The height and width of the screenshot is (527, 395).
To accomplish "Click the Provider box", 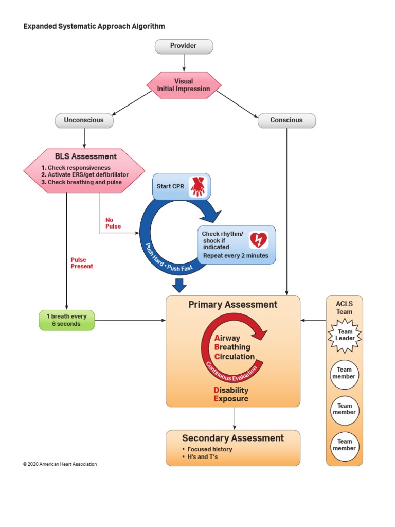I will coord(184,46).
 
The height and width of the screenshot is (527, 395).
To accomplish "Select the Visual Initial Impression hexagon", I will coord(184,85).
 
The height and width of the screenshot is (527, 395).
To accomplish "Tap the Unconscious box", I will coord(84,120).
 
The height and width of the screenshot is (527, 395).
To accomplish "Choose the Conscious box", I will coord(286,120).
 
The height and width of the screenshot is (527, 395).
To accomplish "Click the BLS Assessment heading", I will coord(86,156).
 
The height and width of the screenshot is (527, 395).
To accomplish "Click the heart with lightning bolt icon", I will coord(258,240).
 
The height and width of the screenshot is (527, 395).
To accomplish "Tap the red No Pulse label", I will coord(113,223).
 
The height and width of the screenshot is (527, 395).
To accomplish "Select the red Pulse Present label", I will coord(82,263).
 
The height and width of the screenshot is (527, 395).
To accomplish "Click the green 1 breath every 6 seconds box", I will coord(67,320).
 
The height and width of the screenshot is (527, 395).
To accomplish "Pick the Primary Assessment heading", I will coord(233,305).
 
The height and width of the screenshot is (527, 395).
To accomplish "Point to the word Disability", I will coord(231,390).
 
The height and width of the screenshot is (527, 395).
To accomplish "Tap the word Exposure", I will coord(231,399).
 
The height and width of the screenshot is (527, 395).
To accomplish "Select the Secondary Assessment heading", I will coord(233,438).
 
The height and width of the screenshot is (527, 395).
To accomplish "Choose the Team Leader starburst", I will coord(345,335).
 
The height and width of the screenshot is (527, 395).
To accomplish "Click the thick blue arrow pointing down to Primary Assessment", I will coord(179,285).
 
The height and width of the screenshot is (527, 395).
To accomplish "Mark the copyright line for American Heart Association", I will coord(60,464).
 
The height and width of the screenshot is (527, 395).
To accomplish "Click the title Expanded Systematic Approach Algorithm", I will coord(94,26).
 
